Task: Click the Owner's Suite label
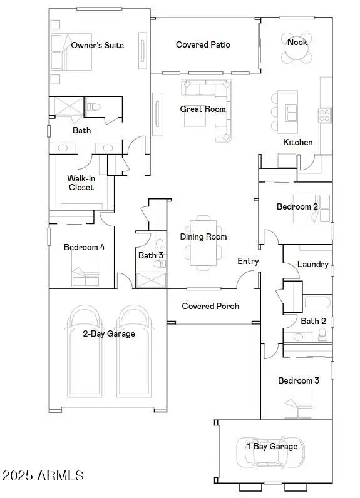[x=97, y=45]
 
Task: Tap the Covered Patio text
[x=203, y=44]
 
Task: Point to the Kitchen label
[x=297, y=142]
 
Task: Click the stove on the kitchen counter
[x=325, y=115]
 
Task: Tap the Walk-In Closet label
[x=81, y=183]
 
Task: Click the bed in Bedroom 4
[x=86, y=275]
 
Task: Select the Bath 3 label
[x=151, y=255]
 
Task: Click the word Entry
[x=248, y=261]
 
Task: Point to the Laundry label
[x=312, y=265]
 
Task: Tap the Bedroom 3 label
[x=295, y=380]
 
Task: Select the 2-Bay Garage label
[x=109, y=333]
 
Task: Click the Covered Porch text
[x=206, y=306]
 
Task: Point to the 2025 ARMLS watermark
[x=43, y=475]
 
